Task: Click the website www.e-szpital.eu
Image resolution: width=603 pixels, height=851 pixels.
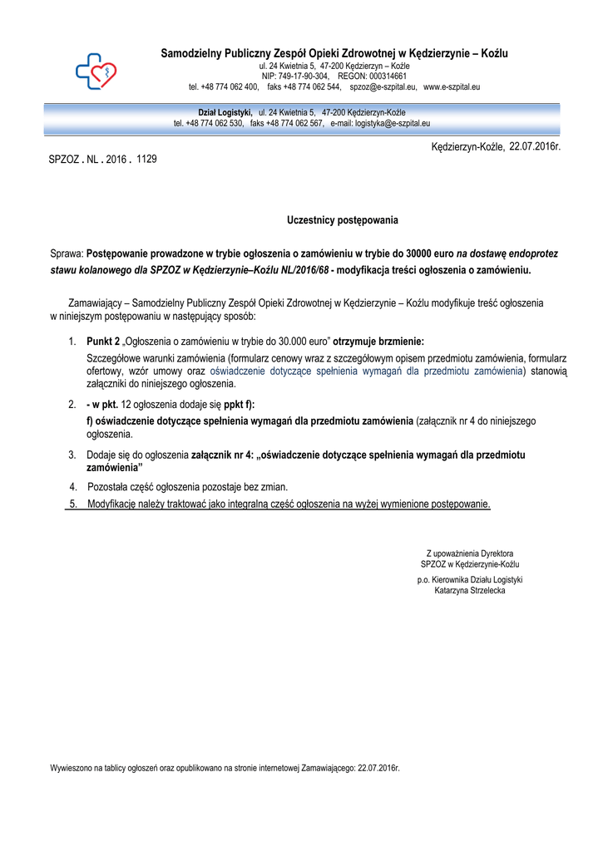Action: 454,86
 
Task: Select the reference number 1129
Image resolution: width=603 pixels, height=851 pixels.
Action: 146,158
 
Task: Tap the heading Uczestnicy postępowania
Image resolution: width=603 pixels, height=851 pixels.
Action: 343,220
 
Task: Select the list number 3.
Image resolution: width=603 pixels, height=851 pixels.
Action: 72,455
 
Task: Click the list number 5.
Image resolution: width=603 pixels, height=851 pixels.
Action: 73,504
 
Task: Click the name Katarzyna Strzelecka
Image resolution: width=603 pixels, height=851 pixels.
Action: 470,591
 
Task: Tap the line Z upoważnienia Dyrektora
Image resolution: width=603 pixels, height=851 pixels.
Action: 470,553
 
